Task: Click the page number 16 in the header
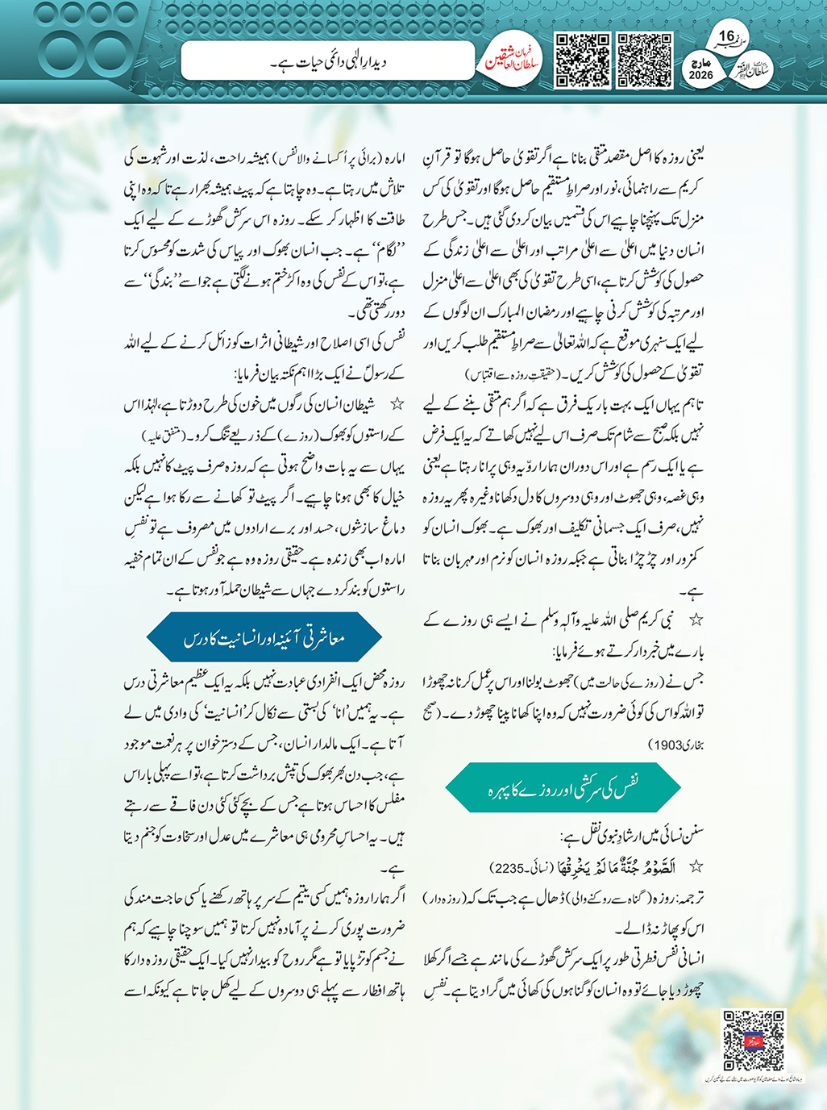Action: [726, 36]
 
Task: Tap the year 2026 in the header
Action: [700, 75]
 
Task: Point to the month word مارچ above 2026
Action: [700, 63]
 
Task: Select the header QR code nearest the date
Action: [644, 60]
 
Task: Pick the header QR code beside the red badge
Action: [582, 60]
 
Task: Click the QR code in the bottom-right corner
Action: [754, 1041]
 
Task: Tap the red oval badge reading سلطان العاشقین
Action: [511, 61]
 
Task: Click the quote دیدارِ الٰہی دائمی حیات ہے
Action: [328, 61]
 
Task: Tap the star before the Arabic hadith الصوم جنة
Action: [696, 867]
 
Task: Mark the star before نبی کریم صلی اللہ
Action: [696, 620]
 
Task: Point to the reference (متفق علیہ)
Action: [164, 436]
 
